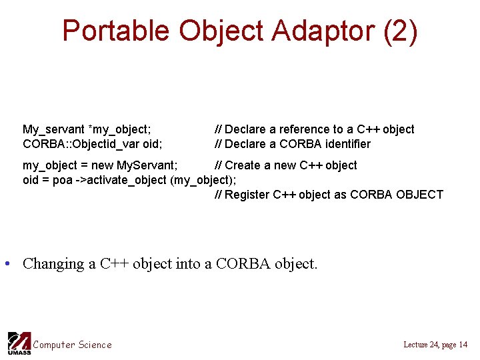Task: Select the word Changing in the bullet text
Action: point(54,264)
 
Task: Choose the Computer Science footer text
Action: point(73,345)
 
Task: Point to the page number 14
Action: point(463,345)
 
